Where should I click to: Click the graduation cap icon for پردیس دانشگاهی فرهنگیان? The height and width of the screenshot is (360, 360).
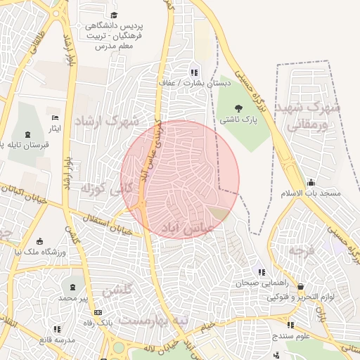[x=114, y=15]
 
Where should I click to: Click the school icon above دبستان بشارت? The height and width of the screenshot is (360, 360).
[x=194, y=72]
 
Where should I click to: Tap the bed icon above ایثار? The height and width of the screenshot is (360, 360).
[x=56, y=117]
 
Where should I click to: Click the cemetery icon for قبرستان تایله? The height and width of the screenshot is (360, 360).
[x=27, y=134]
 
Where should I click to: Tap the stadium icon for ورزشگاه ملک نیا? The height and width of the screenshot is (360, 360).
[x=39, y=240]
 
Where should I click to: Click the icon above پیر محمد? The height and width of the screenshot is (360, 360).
[x=73, y=287]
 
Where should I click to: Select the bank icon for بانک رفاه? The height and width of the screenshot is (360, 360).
[x=98, y=312]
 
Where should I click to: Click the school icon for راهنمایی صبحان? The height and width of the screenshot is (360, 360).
[x=262, y=272]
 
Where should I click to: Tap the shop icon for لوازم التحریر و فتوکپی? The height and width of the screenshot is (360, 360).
[x=301, y=286]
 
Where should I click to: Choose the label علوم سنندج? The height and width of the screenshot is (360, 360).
[x=290, y=337]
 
